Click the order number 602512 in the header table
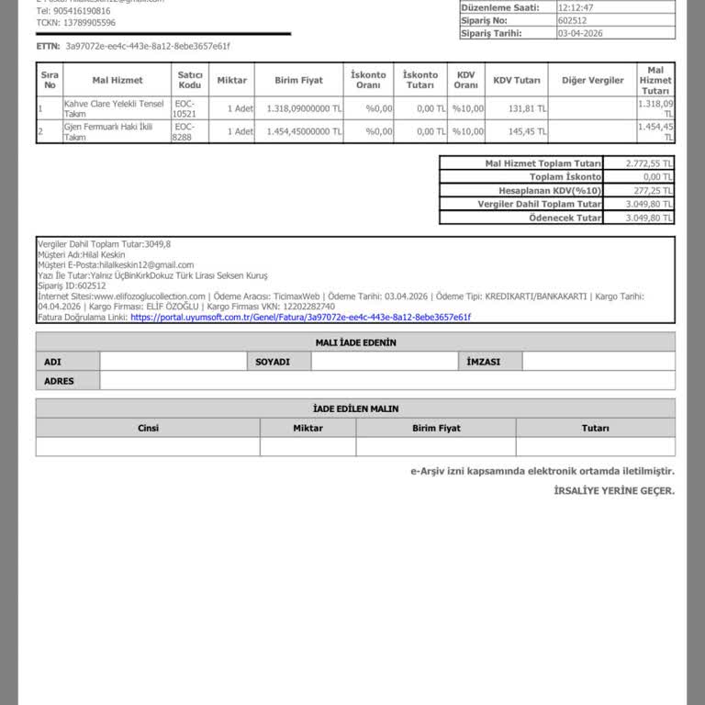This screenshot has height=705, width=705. [x=571, y=19]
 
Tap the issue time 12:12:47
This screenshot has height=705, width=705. [x=576, y=6]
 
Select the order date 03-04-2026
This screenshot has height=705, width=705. [x=580, y=33]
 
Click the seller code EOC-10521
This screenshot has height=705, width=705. [x=185, y=108]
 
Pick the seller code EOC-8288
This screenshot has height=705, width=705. [x=184, y=131]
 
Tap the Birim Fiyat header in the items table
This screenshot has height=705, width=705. [x=298, y=81]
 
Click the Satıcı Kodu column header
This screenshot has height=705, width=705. [x=190, y=81]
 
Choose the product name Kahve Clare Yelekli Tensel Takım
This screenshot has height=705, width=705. [x=114, y=108]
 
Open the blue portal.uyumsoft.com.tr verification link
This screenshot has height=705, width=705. [x=300, y=317]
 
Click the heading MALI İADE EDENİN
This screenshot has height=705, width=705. [x=355, y=342]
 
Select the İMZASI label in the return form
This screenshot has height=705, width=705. [x=483, y=362]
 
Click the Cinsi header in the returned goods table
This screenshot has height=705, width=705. [x=148, y=428]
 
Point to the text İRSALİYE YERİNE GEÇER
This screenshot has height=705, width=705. [x=613, y=491]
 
